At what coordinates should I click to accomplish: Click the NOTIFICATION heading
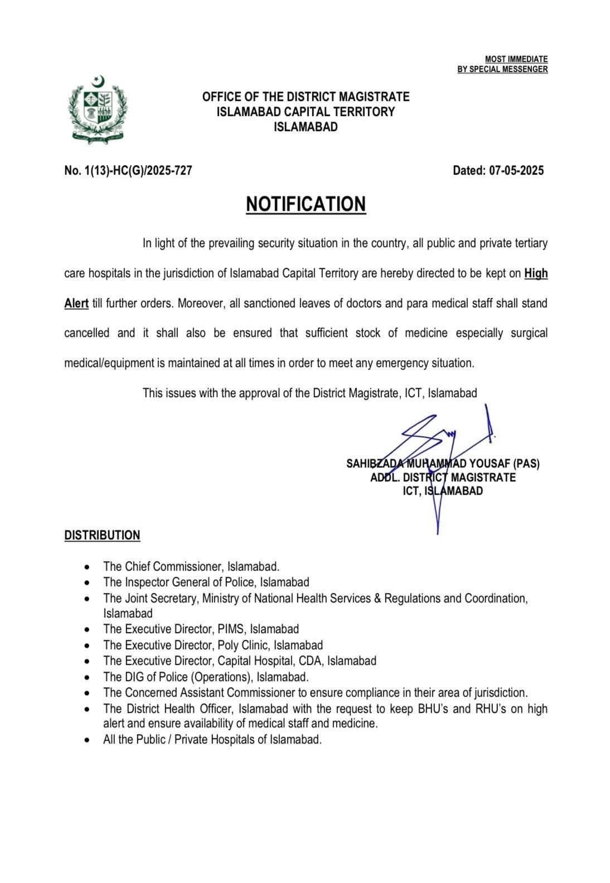[306, 204]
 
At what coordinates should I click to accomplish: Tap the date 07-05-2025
[516, 171]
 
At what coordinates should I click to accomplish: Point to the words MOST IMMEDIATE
[516, 59]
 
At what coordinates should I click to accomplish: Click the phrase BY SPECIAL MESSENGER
[502, 69]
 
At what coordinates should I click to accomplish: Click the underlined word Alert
[76, 303]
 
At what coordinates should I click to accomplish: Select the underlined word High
[536, 273]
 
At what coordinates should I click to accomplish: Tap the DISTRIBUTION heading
[102, 535]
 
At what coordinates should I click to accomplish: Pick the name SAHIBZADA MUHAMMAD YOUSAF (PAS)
[443, 464]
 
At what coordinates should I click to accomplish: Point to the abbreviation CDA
[311, 661]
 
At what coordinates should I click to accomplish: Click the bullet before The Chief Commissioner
[86, 567]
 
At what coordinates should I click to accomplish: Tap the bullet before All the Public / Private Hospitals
[86, 741]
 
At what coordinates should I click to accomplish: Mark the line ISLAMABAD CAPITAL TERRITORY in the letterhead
[306, 112]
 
